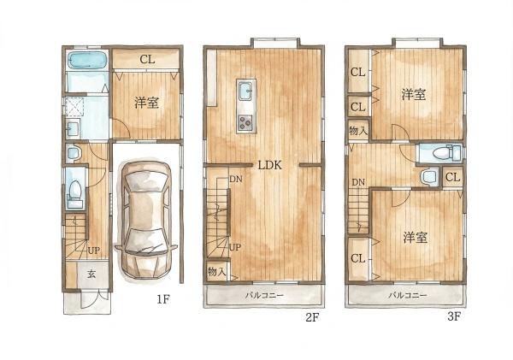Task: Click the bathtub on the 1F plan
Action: tap(87, 61)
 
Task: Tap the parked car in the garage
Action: tap(146, 219)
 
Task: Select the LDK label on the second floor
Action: tap(270, 165)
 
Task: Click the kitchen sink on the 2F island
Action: tap(246, 91)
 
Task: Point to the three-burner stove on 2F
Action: tap(246, 123)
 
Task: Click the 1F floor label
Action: tap(163, 298)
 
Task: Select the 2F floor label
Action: tap(312, 317)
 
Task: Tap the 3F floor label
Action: tap(453, 316)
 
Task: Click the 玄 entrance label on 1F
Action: tap(91, 274)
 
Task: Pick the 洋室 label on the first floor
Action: tap(146, 103)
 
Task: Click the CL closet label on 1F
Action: tap(147, 59)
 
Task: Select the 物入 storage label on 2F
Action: tap(217, 271)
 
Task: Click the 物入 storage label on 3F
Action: tap(358, 131)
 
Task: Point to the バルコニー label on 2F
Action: tap(264, 296)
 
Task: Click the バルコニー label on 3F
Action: tap(407, 295)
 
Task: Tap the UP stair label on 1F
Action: tap(93, 251)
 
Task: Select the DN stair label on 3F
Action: tap(358, 182)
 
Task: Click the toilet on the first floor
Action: tap(75, 193)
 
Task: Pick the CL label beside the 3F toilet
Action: tap(453, 177)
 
